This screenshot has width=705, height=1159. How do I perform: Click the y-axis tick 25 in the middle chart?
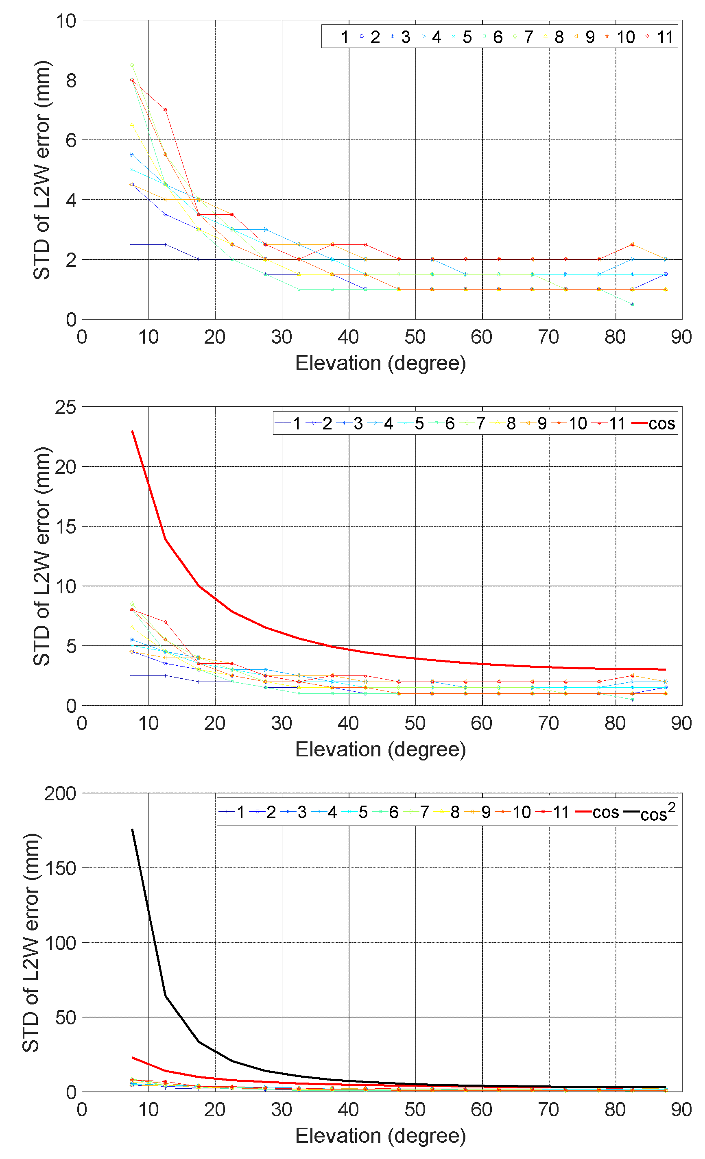click(65, 407)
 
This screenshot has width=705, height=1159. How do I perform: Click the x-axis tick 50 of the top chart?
click(415, 337)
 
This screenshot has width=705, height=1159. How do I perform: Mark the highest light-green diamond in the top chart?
click(132, 65)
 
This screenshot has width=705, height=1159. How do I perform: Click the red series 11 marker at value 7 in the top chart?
click(165, 110)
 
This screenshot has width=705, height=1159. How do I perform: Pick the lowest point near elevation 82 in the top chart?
click(632, 304)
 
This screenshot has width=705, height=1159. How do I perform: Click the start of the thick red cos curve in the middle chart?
click(132, 431)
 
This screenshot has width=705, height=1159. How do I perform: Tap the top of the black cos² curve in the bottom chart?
click(132, 829)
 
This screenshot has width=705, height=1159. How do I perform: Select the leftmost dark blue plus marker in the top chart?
click(132, 244)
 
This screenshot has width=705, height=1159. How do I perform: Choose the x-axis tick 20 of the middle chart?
click(215, 723)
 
